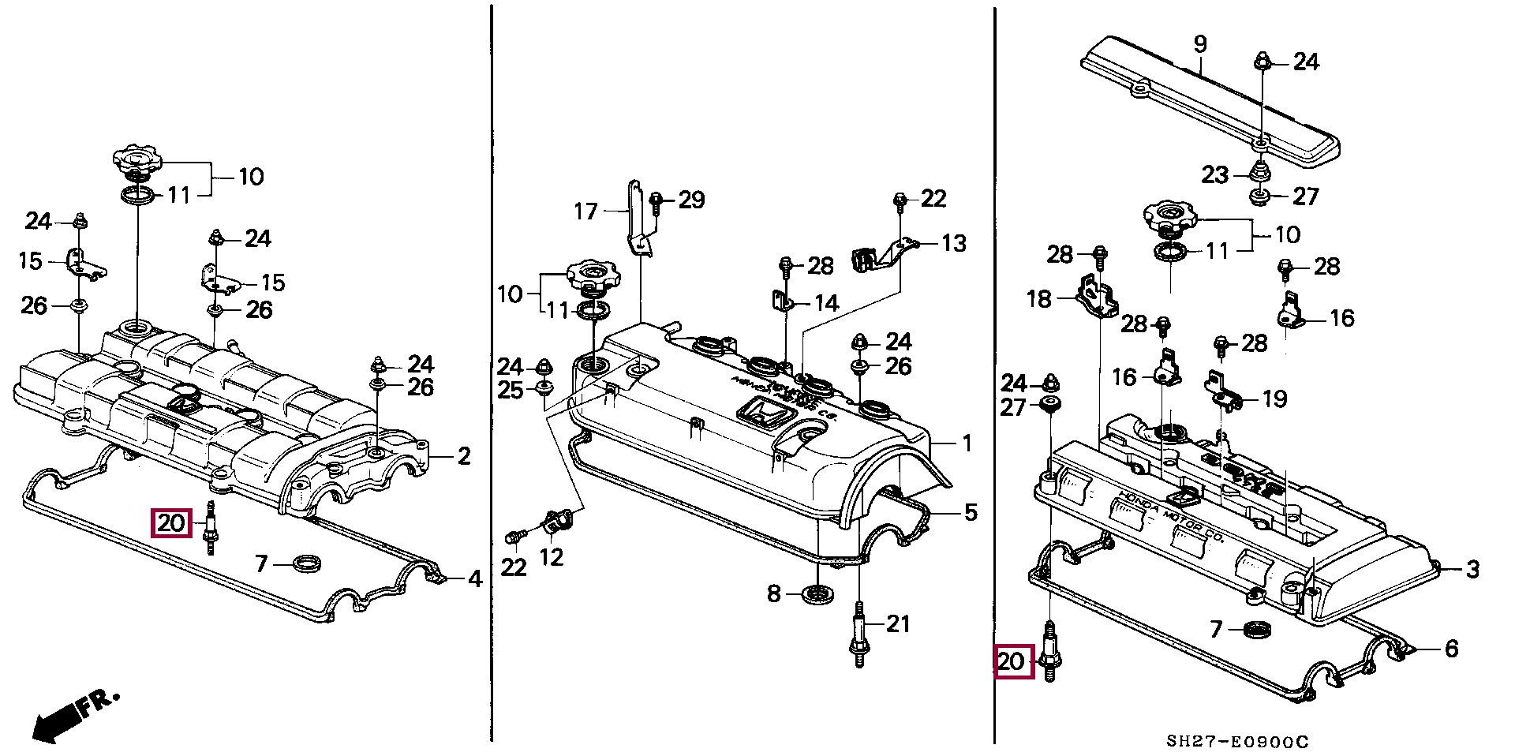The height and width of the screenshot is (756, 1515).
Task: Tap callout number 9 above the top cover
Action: coord(1200,43)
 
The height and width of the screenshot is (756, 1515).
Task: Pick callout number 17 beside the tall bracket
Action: coord(585,211)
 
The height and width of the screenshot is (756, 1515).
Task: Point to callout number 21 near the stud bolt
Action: coord(898,624)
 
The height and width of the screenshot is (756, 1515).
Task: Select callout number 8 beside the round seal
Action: coord(774,593)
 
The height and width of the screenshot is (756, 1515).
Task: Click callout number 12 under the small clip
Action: coord(551,557)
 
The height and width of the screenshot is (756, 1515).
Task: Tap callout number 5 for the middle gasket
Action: coord(971,512)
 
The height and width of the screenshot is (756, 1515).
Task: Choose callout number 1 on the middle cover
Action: coord(967,443)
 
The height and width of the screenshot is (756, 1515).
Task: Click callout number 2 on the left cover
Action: coord(464,455)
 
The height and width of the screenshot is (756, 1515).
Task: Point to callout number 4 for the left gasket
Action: coord(474,579)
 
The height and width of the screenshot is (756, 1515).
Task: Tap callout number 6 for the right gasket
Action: coord(1450,648)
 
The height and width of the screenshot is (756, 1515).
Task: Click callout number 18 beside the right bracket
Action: coord(1039,299)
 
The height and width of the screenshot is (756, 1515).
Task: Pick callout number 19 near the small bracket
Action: coord(1274,399)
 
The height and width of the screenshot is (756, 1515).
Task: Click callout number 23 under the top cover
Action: coord(1215,174)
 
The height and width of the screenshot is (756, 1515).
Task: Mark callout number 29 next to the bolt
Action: coord(691,200)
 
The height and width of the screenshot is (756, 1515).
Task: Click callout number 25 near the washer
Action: coord(511,390)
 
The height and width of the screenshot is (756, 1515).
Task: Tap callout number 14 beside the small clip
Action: coord(825,303)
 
